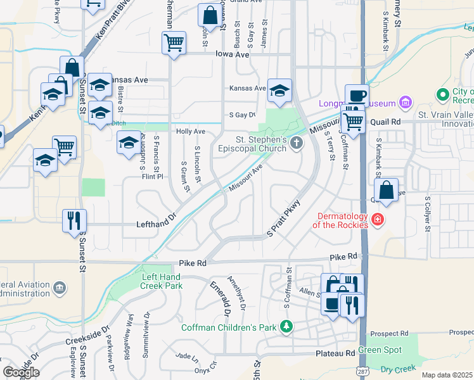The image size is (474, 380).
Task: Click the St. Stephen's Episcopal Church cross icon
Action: (296, 145)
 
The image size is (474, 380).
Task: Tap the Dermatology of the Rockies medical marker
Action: (378, 220)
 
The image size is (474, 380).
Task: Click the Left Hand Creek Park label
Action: (162, 281)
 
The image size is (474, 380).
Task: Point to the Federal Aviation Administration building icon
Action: (60, 288)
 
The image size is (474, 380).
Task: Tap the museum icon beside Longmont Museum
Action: (405, 103)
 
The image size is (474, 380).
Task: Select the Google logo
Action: (21, 372)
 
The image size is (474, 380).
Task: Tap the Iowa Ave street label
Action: (233, 55)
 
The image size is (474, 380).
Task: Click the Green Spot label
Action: (380, 350)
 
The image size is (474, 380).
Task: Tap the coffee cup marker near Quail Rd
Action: (356, 96)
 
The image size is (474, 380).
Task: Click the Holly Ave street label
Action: (191, 131)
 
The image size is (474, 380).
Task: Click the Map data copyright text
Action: (447, 375)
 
